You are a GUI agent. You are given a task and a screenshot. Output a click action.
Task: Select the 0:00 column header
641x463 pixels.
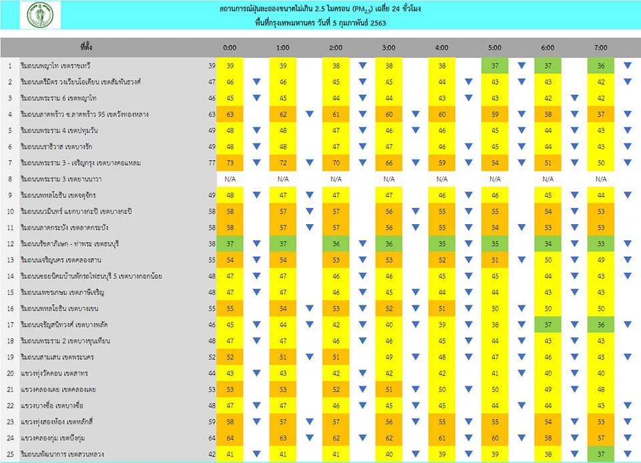point(230,48)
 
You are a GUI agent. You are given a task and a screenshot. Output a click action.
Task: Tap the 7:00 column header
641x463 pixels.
point(600,48)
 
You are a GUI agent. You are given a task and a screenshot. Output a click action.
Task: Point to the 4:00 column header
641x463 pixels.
point(441,48)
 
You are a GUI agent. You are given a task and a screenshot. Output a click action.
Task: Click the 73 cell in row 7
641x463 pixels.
point(230,163)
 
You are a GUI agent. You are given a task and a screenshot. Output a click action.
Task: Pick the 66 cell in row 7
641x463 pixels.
point(389,163)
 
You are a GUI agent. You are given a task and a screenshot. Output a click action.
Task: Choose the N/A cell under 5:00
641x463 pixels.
point(494,179)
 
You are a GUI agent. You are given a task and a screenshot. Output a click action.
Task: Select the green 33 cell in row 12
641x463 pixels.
point(600,244)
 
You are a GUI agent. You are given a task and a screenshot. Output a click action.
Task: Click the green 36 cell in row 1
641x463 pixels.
point(600,65)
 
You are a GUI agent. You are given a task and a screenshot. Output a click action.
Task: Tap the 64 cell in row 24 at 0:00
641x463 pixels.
point(230,438)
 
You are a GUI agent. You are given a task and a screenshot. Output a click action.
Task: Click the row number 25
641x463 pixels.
point(10,454)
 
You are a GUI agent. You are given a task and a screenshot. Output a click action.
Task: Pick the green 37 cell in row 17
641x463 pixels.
point(547,324)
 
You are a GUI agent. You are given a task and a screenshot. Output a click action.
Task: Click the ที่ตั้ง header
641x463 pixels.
point(86,48)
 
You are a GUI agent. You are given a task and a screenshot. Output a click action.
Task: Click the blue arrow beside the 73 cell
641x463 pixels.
point(256,163)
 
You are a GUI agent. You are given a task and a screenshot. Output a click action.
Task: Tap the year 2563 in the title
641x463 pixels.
point(375,23)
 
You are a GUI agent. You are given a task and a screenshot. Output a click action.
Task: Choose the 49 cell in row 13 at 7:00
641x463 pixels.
point(600,260)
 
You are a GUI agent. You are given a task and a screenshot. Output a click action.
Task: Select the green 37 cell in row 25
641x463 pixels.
point(600,454)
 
